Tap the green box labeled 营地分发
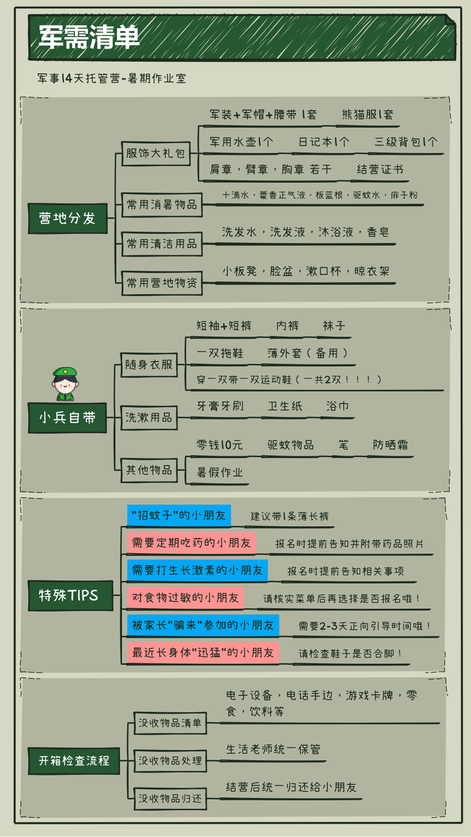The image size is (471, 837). click(x=67, y=218)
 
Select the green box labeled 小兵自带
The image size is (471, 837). click(x=67, y=418)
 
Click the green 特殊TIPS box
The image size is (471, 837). click(x=70, y=596)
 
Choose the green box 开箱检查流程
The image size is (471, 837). click(x=73, y=761)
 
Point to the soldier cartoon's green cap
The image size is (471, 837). click(x=65, y=373)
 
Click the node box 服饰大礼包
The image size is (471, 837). click(x=155, y=153)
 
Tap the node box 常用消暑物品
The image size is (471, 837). click(x=162, y=205)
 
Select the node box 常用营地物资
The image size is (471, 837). click(x=162, y=283)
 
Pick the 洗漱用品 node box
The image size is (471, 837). click(x=149, y=418)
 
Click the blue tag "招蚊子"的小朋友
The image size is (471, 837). click(x=179, y=515)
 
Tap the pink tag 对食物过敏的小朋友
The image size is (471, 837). click(x=185, y=598)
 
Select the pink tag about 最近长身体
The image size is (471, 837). click(x=203, y=653)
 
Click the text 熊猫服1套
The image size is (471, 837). click(x=367, y=114)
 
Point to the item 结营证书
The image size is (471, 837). click(x=380, y=169)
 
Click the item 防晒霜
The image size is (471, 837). click(x=390, y=445)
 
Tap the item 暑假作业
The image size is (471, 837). click(x=220, y=472)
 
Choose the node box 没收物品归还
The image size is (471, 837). click(x=170, y=799)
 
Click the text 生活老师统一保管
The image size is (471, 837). click(x=273, y=749)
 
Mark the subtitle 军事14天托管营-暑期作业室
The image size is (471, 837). click(x=112, y=78)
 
